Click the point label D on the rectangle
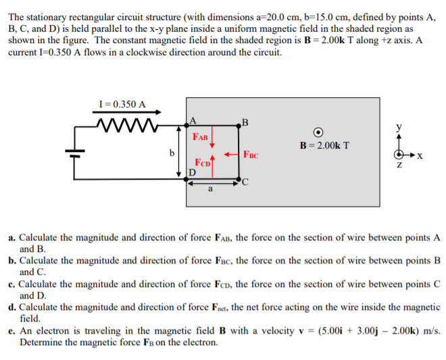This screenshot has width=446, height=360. pyautogui.click(x=192, y=174)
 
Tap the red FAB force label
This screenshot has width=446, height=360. pyautogui.click(x=201, y=136)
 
